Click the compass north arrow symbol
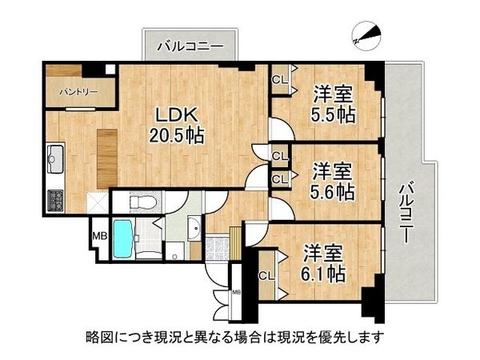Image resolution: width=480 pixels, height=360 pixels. pos(366,34)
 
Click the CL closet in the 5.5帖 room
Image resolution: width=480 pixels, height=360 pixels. pos(279,79)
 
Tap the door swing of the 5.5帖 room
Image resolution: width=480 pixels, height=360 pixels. pos(278,128)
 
